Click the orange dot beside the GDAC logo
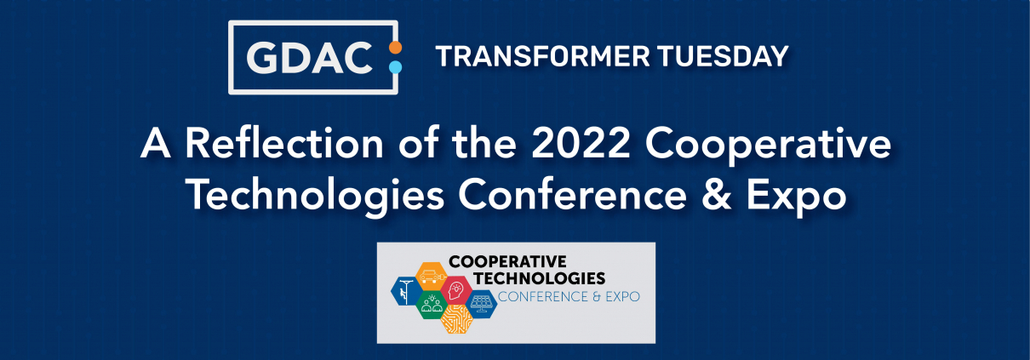(396, 48)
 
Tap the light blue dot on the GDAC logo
(396, 67)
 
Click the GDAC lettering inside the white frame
(310, 58)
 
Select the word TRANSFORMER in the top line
(542, 56)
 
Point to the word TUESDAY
(723, 56)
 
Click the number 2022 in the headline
(581, 144)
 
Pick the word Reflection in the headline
(284, 144)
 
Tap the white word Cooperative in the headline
(768, 146)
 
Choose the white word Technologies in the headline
(317, 196)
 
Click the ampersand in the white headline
(716, 195)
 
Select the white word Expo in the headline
(797, 197)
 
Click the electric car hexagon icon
(432, 277)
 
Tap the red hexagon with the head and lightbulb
(456, 290)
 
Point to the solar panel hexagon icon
(481, 304)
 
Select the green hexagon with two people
(432, 305)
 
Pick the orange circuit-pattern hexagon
(456, 318)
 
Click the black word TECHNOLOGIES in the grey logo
(540, 278)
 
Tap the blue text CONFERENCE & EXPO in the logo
(569, 296)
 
